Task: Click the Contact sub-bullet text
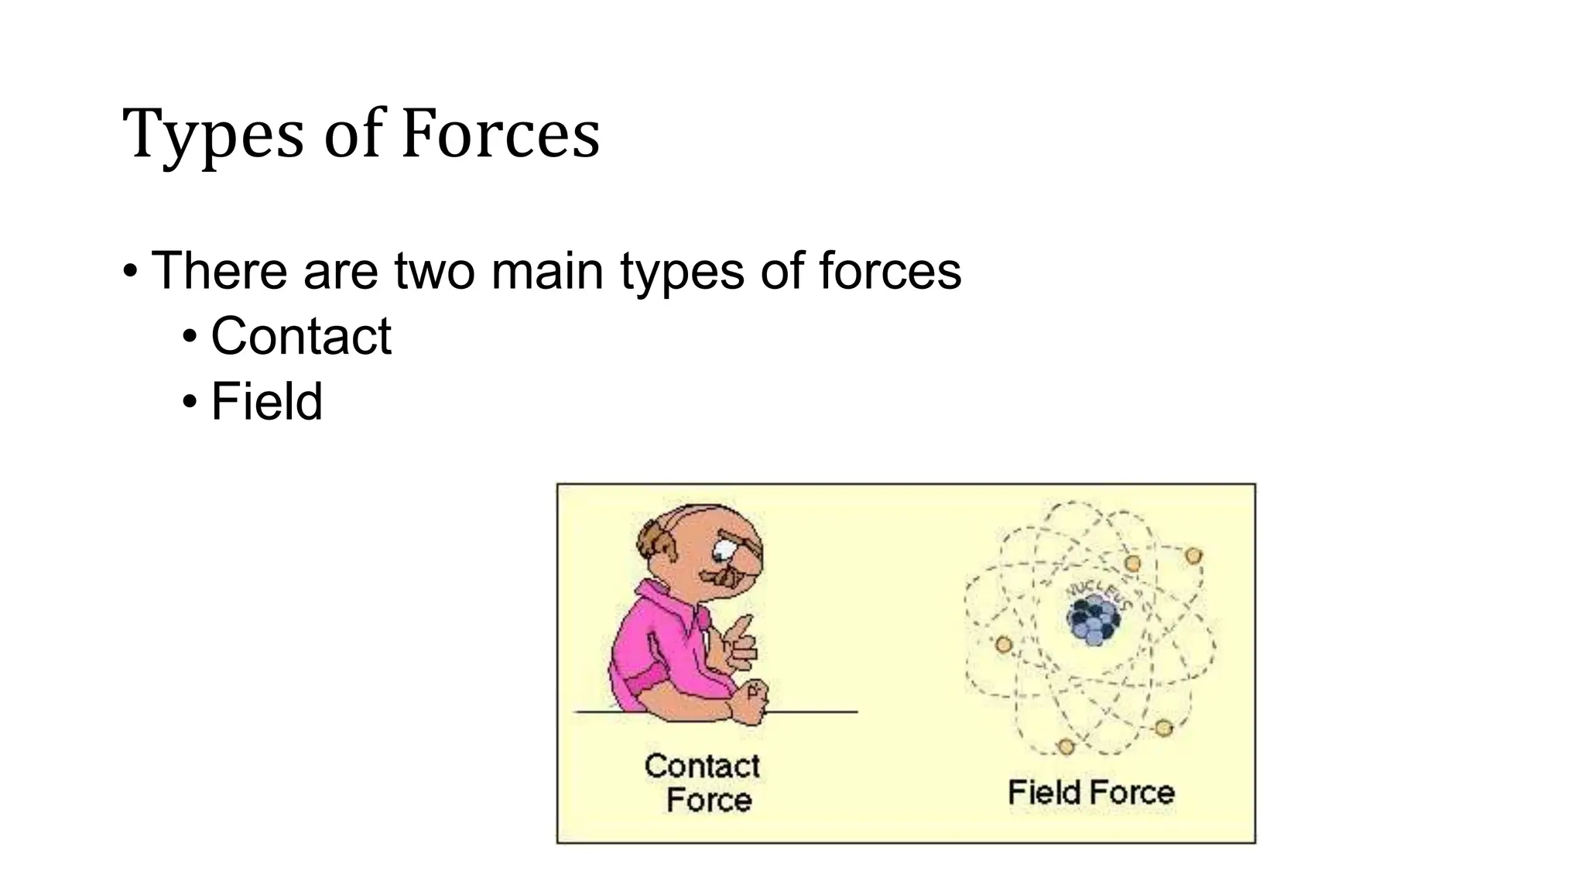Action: point(301,336)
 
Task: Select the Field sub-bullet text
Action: point(266,402)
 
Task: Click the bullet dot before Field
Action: point(190,402)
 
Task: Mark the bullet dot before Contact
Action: point(190,337)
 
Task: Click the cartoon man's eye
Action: point(724,551)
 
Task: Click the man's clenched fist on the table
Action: point(750,702)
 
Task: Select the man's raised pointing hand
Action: point(736,643)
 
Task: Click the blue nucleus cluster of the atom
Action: point(1092,620)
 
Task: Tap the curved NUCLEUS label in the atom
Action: point(1100,594)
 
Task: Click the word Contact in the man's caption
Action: point(702,766)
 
